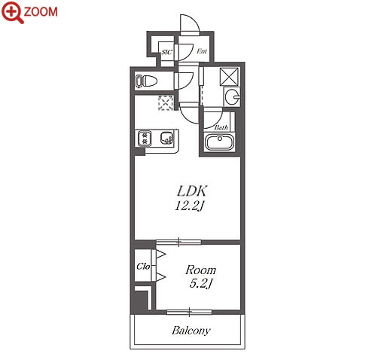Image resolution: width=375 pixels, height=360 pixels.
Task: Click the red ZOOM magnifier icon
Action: [12, 12]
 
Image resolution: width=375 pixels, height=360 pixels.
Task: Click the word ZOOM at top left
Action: [41, 12]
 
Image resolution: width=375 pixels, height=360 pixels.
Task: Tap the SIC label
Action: [166, 52]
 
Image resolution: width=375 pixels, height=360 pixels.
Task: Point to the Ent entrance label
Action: [202, 51]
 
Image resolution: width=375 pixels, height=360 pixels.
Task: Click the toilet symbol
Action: [146, 81]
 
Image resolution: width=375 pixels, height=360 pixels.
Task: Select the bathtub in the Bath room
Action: [220, 142]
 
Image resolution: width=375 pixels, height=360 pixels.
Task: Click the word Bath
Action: [221, 127]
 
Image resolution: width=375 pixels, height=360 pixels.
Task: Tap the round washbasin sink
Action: [232, 96]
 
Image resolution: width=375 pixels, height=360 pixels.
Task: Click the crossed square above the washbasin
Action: [229, 77]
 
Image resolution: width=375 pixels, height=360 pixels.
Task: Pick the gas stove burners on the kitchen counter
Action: [144, 139]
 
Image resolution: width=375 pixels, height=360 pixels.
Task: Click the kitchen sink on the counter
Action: [166, 138]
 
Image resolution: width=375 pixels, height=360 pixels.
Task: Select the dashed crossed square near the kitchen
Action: [166, 102]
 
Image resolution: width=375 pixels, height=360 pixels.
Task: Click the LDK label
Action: [192, 191]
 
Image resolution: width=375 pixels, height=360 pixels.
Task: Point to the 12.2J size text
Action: [190, 206]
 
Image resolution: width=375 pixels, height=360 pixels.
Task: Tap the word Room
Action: [200, 270]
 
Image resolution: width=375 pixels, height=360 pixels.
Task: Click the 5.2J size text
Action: [201, 284]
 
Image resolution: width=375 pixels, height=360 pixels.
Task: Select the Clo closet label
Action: [143, 266]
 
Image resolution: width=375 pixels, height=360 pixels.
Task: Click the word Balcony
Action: [191, 331]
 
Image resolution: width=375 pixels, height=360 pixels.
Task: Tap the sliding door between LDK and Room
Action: [178, 243]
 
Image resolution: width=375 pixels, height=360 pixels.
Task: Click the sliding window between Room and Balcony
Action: [189, 313]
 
